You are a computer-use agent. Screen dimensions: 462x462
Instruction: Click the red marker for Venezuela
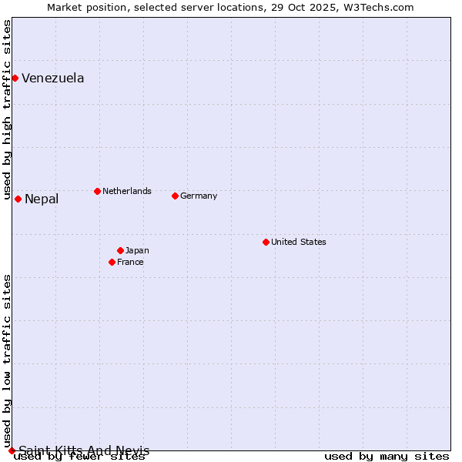pos(15,78)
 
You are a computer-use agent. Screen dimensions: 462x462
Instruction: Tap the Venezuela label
pos(52,78)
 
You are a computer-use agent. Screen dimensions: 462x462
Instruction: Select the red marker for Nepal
pos(18,199)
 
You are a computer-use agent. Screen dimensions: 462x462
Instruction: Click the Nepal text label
pos(42,199)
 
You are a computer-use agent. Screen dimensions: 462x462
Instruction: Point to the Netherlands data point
pos(97,191)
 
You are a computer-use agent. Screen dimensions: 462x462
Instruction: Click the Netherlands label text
pos(126,191)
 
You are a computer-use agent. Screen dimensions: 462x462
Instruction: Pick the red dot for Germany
pos(175,196)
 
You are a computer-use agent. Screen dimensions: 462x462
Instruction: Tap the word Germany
pos(199,196)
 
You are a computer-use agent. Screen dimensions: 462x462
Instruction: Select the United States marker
pos(266,242)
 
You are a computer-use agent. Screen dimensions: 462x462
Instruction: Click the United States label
pos(298,242)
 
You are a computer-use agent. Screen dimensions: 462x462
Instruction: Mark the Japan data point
pos(120,250)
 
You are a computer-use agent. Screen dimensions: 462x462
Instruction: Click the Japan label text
pos(137,250)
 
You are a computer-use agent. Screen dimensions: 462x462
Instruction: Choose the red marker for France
pos(112,262)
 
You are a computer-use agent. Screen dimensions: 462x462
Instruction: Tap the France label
pos(130,262)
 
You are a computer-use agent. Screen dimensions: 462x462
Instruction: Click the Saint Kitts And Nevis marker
pos(12,450)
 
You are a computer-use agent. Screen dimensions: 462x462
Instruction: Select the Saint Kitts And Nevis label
pos(84,450)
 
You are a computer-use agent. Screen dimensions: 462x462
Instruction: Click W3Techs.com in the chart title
pos(380,7)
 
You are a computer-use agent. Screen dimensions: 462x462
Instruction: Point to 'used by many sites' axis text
pos(387,457)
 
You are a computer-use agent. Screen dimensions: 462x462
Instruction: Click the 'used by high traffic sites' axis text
pos(7,110)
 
